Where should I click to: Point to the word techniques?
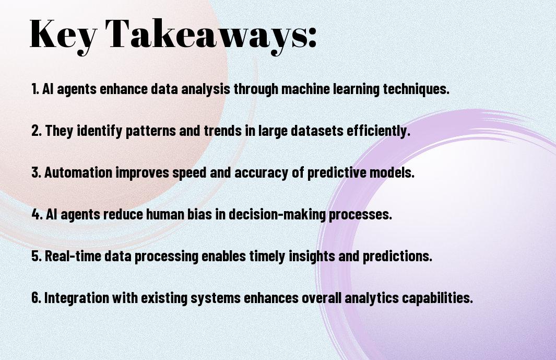click(416, 89)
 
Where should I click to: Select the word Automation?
click(78, 172)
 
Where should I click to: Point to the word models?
click(392, 172)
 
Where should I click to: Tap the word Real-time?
click(73, 256)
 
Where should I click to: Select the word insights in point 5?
click(312, 256)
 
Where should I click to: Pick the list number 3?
click(36, 172)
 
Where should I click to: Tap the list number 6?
click(36, 298)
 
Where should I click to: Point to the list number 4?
click(37, 214)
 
